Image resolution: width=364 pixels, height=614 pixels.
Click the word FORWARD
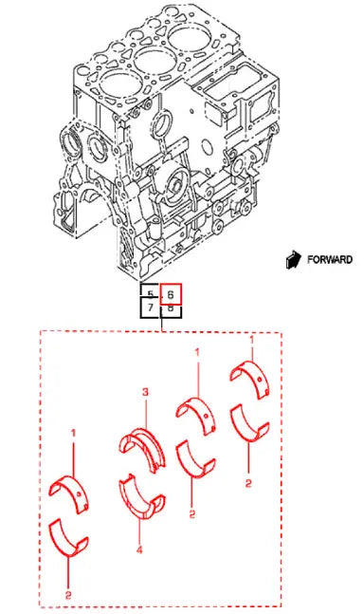tap(332, 259)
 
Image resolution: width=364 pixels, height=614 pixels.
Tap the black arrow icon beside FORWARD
tap(296, 258)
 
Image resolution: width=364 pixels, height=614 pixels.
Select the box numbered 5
tap(150, 294)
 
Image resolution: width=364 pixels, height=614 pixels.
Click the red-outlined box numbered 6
tap(171, 294)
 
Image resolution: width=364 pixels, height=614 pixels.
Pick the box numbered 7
tap(150, 308)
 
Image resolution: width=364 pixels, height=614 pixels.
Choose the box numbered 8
tap(171, 308)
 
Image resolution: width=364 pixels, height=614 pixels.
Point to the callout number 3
tap(145, 392)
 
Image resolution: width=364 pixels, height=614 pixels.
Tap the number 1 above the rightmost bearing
tap(250, 339)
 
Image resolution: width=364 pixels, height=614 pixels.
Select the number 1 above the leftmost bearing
tap(72, 434)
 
